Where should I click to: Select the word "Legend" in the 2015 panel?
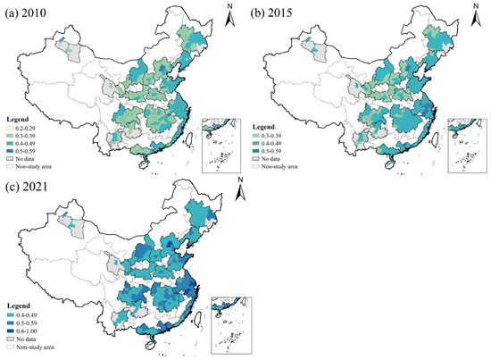(267, 124)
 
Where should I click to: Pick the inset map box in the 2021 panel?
(232, 323)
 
